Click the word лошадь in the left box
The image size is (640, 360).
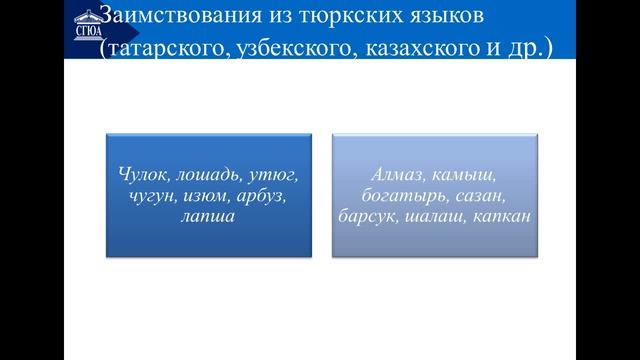click(x=207, y=175)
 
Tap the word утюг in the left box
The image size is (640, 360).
click(x=275, y=175)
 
